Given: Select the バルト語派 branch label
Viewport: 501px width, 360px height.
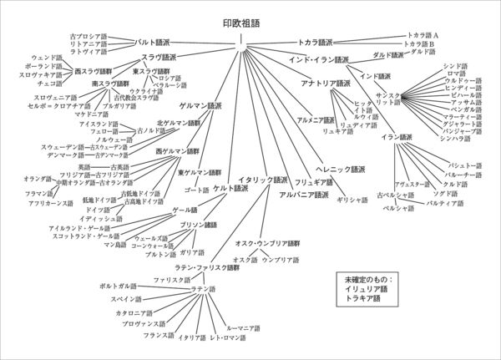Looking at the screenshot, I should pos(152,41).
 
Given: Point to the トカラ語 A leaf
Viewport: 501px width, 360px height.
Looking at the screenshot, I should pos(421,35).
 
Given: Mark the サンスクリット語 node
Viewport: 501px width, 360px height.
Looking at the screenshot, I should pos(388,98).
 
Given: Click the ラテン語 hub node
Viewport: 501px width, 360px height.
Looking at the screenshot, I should pos(204,288).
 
